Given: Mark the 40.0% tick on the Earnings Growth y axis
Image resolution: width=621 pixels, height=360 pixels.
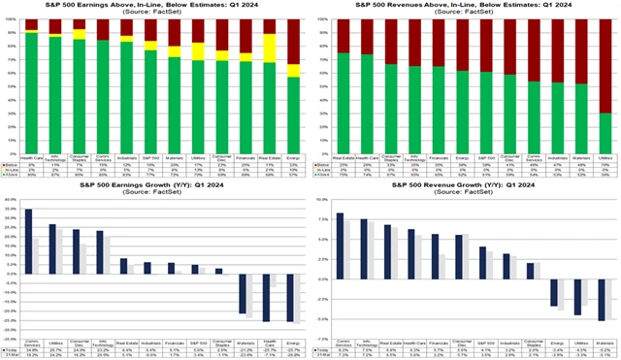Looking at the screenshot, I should tap(11, 196).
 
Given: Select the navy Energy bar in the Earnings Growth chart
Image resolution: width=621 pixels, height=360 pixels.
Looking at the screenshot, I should tap(289, 296).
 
